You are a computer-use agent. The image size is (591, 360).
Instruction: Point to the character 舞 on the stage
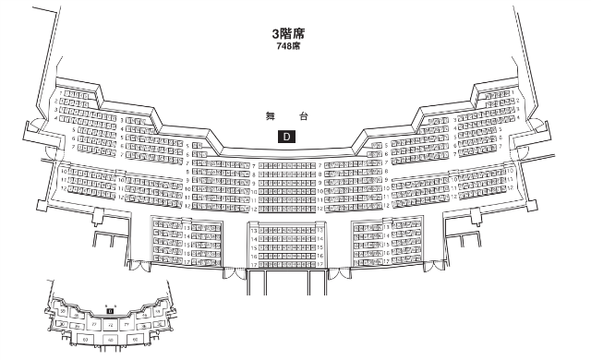[x=271, y=116]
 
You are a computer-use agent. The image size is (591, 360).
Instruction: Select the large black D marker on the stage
[x=286, y=137]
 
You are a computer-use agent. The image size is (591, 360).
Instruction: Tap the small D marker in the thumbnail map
[x=110, y=311]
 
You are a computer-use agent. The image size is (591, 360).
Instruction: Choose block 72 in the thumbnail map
[x=111, y=325]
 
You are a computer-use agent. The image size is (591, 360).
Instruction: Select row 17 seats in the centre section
[x=285, y=263]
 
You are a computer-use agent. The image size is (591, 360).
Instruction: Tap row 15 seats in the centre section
[x=285, y=246]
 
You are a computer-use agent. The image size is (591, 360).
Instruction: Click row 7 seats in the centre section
[x=285, y=165]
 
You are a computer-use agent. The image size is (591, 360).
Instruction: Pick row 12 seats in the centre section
[x=285, y=207]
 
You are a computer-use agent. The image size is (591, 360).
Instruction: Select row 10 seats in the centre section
[x=285, y=190]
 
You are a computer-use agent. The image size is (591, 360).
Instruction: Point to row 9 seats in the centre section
[x=285, y=182]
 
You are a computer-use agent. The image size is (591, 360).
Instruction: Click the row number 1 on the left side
[x=60, y=93]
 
